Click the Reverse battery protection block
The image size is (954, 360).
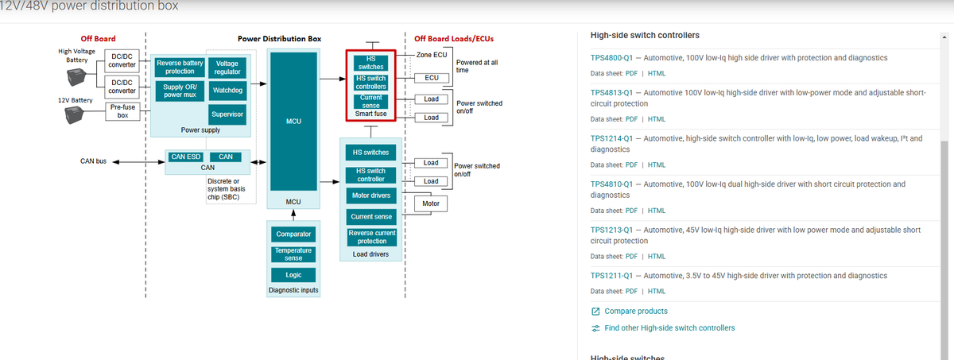click(180, 67)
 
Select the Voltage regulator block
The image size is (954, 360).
click(227, 68)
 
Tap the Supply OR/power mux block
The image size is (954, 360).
click(180, 91)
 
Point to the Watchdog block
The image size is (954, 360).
click(227, 91)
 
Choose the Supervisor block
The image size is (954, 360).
click(227, 114)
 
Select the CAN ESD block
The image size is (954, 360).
click(185, 157)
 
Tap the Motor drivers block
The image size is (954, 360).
click(370, 195)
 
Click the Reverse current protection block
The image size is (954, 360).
click(370, 237)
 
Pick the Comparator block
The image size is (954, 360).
click(293, 234)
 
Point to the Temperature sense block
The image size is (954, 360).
click(293, 254)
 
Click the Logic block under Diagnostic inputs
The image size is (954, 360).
click(293, 275)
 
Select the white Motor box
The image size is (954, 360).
click(431, 203)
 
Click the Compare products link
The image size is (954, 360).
click(635, 312)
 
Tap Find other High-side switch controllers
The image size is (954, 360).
click(669, 328)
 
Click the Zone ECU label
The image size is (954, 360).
click(432, 55)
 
